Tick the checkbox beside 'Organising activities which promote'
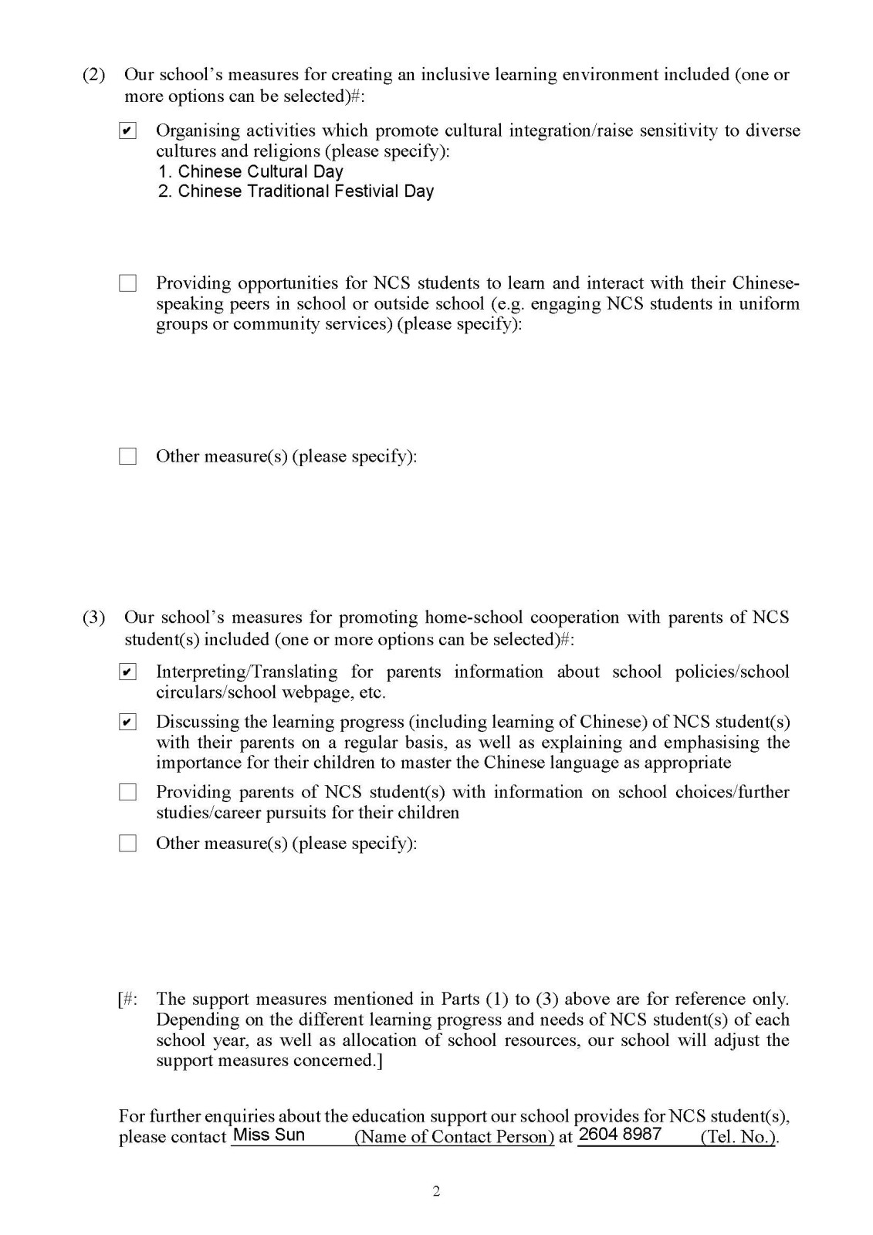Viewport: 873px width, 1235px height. (128, 130)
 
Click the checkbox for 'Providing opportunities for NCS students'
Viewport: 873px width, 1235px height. (128, 283)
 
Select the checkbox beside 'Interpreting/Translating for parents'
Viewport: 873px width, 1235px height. (128, 672)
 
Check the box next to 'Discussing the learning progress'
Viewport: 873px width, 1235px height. (128, 722)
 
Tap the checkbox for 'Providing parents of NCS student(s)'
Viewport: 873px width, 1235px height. (128, 792)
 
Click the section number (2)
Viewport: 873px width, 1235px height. (93, 75)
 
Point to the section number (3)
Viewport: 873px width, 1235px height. (93, 617)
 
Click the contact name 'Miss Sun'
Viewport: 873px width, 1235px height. (269, 1135)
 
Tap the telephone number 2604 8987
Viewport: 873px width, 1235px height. (620, 1134)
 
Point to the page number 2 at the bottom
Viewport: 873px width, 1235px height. (436, 1192)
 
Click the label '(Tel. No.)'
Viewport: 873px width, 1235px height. (738, 1137)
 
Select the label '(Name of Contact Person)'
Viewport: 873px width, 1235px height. (454, 1137)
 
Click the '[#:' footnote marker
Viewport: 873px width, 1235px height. (128, 999)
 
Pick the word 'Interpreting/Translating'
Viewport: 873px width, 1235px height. (246, 672)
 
